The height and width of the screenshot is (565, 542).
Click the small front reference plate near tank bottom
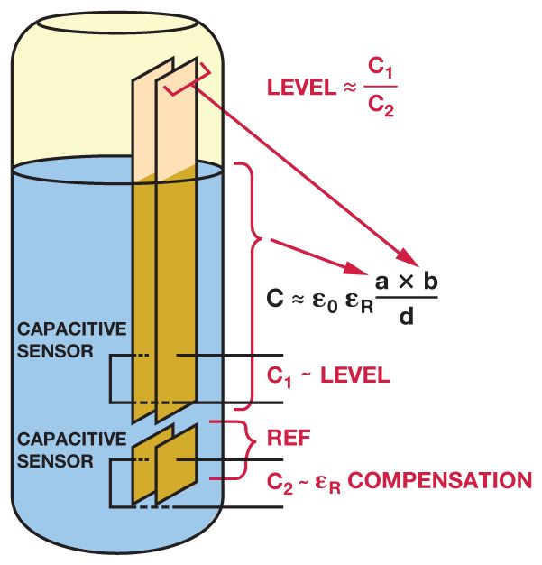177,464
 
